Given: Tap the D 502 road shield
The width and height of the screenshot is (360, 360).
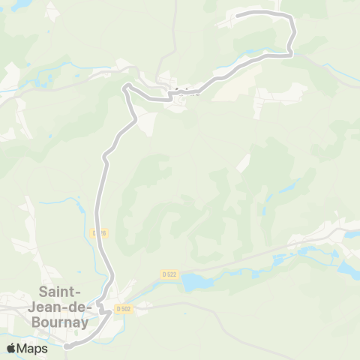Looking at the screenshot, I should coord(124,307).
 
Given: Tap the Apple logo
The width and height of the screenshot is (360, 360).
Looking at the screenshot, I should coord(11,348).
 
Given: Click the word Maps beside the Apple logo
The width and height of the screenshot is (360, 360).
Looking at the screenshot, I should coord(33,348).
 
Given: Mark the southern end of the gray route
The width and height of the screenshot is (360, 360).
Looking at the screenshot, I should coord(65,346).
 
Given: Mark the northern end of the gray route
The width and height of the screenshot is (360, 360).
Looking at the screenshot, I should coord(238,15).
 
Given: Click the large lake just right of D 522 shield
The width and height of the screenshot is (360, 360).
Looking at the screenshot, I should coord(196,283).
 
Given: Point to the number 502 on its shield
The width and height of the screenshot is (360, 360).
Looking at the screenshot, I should coord(126,307).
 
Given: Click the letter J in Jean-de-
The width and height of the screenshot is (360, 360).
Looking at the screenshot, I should coord(42,307).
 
